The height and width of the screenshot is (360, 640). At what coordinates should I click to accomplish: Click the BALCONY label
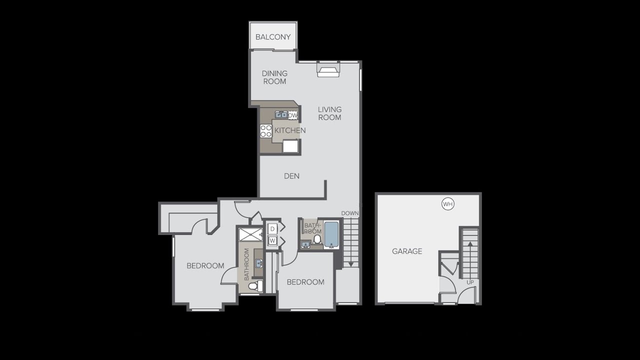coord(273,37)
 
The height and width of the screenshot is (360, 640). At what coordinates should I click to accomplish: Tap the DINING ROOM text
coord(274,77)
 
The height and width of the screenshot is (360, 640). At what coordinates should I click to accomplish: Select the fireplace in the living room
coord(328,71)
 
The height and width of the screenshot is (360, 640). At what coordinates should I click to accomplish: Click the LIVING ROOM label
coord(329,113)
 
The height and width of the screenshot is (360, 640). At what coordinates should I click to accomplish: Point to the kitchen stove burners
coord(265,131)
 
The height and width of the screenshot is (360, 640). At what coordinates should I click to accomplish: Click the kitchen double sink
coord(281,115)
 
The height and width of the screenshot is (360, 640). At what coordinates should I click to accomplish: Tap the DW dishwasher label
coord(293,115)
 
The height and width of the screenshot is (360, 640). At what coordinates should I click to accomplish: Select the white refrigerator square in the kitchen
coord(290,145)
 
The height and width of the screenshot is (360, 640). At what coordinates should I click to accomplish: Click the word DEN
coord(291,176)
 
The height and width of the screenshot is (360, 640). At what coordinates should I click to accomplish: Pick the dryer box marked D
coord(272,228)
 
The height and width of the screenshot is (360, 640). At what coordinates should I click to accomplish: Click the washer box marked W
coord(272,240)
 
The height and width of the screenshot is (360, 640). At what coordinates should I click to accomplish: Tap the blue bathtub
coord(331,234)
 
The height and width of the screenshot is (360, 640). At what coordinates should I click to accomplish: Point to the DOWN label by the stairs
coord(350,213)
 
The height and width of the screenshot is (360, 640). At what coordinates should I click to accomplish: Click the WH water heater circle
coord(447,204)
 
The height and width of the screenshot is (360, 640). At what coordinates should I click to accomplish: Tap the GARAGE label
coord(407,251)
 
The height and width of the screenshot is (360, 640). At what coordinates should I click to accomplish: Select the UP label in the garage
coord(470,282)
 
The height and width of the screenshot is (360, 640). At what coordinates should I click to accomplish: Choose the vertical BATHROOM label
coord(246,265)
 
